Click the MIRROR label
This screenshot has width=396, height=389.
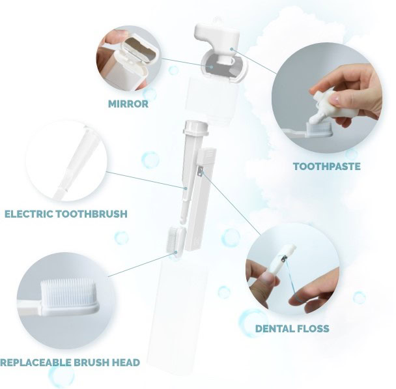(128, 104)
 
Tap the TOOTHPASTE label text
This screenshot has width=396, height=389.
(326, 166)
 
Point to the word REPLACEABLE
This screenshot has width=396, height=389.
(36, 362)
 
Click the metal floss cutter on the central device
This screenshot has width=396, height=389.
(201, 171)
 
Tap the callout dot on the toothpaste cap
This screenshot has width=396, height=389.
(231, 49)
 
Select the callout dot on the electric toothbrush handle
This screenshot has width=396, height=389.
(186, 188)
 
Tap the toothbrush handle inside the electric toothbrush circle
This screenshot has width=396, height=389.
(73, 164)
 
